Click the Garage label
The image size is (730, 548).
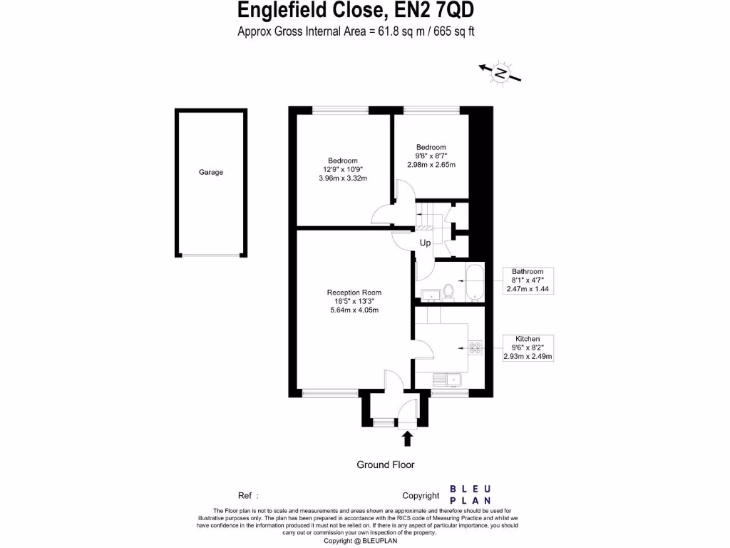tap(210, 172)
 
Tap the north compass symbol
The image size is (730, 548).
tap(501, 72)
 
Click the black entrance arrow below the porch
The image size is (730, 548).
tap(408, 438)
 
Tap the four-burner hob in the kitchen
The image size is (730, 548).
tap(475, 348)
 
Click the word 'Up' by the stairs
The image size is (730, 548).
tap(425, 243)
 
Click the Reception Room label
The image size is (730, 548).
tap(354, 293)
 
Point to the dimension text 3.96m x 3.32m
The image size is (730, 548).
tap(342, 178)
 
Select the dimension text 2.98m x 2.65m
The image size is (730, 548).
tap(431, 165)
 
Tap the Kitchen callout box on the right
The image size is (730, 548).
tap(528, 347)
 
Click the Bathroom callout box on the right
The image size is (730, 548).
tap(528, 280)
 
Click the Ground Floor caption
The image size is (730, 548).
tap(385, 465)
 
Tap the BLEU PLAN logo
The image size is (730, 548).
tap(470, 494)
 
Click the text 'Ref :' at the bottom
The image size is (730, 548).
tap(248, 495)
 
